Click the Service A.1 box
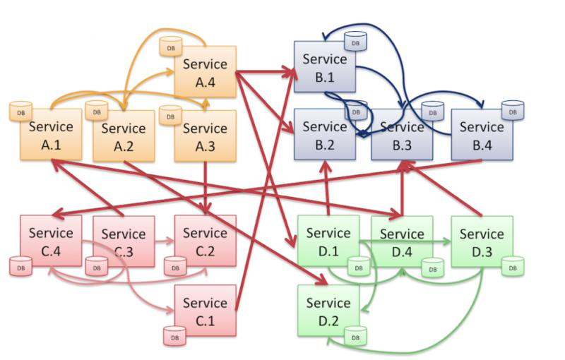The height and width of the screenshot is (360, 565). tap(51, 135)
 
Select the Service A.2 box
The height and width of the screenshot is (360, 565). tap(124, 136)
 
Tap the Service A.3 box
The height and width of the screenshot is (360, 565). tap(205, 136)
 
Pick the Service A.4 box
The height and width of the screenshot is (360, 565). tap(205, 72)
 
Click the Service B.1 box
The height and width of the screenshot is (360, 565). tap(324, 67)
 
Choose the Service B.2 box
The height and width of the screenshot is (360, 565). tap(324, 134)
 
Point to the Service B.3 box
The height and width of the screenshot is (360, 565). tap(402, 135)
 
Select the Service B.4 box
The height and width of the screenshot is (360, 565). tap(481, 134)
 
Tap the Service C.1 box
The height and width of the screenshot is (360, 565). tap(205, 311)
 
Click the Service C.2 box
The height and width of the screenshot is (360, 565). tap(205, 241)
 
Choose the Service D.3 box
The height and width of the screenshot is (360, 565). tap(482, 241)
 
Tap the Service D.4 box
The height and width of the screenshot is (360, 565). tap(402, 241)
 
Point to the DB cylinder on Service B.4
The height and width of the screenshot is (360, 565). tap(513, 109)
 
